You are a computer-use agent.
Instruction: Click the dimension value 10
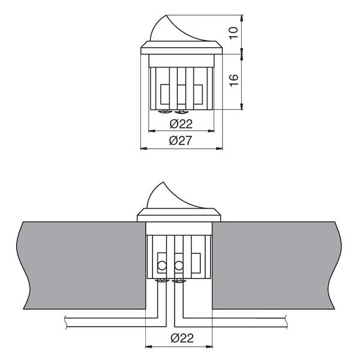point(233,33)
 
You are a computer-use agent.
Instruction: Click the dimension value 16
point(233,80)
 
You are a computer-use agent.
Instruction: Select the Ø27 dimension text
point(180,140)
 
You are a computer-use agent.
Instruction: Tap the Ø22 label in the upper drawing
point(181,124)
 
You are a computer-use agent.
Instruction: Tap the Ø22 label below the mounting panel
point(182,338)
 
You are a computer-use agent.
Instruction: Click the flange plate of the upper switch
point(181,48)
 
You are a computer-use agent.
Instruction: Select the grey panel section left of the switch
point(82,265)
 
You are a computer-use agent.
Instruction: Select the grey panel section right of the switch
point(277,265)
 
